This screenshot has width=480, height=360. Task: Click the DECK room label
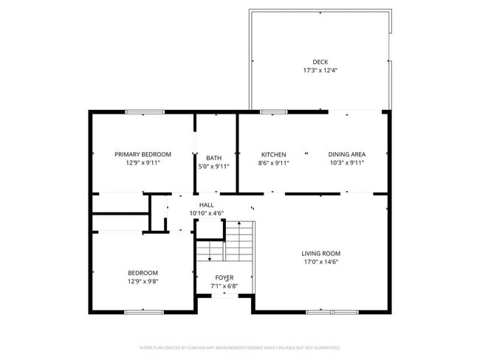[x=320, y=62]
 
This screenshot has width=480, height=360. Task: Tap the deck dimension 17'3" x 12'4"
[x=320, y=72]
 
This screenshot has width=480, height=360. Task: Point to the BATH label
[x=213, y=158]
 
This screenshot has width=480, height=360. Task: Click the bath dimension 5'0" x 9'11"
[x=213, y=167]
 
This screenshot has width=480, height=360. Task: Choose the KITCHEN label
[x=273, y=154]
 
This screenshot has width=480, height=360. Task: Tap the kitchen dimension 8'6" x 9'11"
[x=273, y=163]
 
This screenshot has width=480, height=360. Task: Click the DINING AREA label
[x=346, y=154]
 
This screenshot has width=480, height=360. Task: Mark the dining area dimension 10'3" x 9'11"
[x=346, y=163]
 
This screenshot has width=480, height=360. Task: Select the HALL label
[x=207, y=205]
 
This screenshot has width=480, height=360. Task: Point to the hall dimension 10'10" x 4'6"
[x=207, y=214]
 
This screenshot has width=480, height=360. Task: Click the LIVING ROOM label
[x=321, y=253]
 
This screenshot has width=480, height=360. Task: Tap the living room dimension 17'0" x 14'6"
[x=321, y=262]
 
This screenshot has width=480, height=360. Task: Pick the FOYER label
[x=224, y=277]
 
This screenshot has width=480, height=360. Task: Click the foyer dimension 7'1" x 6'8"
[x=224, y=286]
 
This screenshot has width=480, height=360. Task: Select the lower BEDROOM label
[x=143, y=273]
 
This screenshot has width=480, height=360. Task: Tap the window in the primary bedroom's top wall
[x=144, y=112]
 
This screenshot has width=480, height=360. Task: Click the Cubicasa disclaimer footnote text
[x=240, y=347]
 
